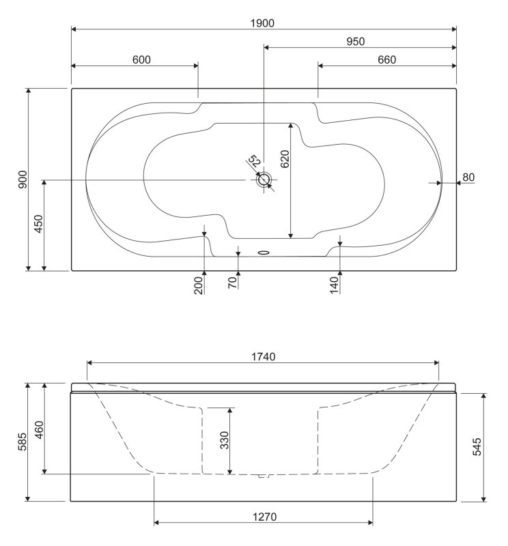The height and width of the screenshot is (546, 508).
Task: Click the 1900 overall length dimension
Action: (264, 23)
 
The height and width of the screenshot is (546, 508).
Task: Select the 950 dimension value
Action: (354, 41)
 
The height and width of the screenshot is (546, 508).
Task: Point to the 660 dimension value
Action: (386, 59)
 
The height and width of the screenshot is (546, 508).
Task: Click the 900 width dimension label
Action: (22, 179)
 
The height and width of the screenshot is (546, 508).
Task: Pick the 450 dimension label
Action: (39, 224)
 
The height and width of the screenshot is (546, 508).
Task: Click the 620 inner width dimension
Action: (285, 158)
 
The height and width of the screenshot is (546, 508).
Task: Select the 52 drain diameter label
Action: (254, 162)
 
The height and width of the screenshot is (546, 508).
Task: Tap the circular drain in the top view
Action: (264, 180)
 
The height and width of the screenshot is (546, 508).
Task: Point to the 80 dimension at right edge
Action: (468, 177)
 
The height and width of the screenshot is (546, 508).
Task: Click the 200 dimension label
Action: (199, 284)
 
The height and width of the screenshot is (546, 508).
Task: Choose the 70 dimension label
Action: (232, 281)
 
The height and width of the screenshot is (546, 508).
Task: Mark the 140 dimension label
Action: (335, 284)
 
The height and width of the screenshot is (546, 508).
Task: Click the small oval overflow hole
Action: (264, 251)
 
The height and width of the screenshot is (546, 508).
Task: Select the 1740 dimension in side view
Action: (264, 357)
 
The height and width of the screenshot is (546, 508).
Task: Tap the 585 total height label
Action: (22, 442)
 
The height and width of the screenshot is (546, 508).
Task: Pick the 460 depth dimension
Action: (39, 429)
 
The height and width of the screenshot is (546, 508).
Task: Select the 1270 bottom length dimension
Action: (264, 517)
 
